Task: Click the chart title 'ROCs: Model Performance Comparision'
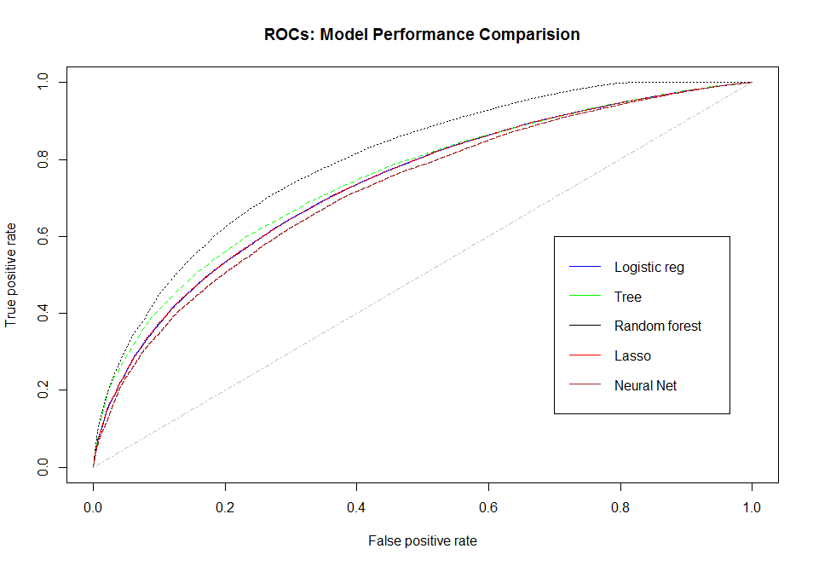(x=423, y=35)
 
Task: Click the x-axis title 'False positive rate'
(x=422, y=540)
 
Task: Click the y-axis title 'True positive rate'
(x=12, y=275)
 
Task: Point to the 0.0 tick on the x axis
(x=93, y=506)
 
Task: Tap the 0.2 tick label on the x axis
(x=225, y=506)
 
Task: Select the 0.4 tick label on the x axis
(x=356, y=506)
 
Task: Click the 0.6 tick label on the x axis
(x=488, y=506)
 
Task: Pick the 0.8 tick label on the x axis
(x=620, y=506)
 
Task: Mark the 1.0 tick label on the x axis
(x=752, y=506)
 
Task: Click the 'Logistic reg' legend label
(x=649, y=267)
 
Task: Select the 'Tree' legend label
(x=627, y=297)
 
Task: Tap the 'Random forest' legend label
(x=657, y=326)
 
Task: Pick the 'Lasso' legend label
(x=632, y=355)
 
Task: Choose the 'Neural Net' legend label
(x=645, y=385)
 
